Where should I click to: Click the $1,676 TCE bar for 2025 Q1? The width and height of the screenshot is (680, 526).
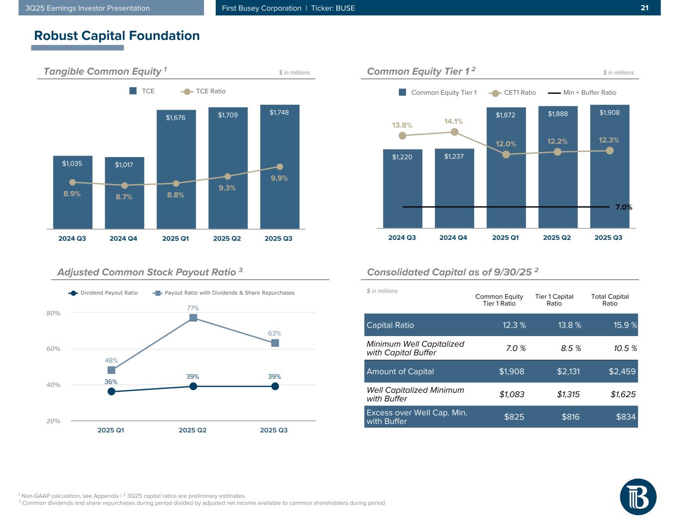tap(176, 170)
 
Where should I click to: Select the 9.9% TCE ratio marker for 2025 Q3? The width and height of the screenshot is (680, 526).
tap(279, 167)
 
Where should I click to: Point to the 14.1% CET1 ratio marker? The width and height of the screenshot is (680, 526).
tap(454, 132)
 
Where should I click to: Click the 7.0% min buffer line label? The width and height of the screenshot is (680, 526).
tap(624, 207)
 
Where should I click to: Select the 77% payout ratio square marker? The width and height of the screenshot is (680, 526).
tap(193, 318)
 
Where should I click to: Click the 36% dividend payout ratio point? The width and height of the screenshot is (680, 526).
tap(111, 391)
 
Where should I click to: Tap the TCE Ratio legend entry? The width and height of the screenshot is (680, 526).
tap(204, 91)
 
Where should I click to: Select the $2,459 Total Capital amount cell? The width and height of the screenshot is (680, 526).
tap(622, 371)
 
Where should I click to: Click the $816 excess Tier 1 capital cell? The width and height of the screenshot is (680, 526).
tap(570, 417)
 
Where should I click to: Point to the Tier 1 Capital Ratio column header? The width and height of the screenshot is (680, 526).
tap(554, 300)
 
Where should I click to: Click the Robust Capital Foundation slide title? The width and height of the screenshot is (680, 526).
tap(117, 35)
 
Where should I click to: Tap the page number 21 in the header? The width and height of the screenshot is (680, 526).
tap(645, 8)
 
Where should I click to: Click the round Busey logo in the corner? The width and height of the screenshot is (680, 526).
tap(638, 497)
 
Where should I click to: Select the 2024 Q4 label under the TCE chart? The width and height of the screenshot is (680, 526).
tap(123, 238)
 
